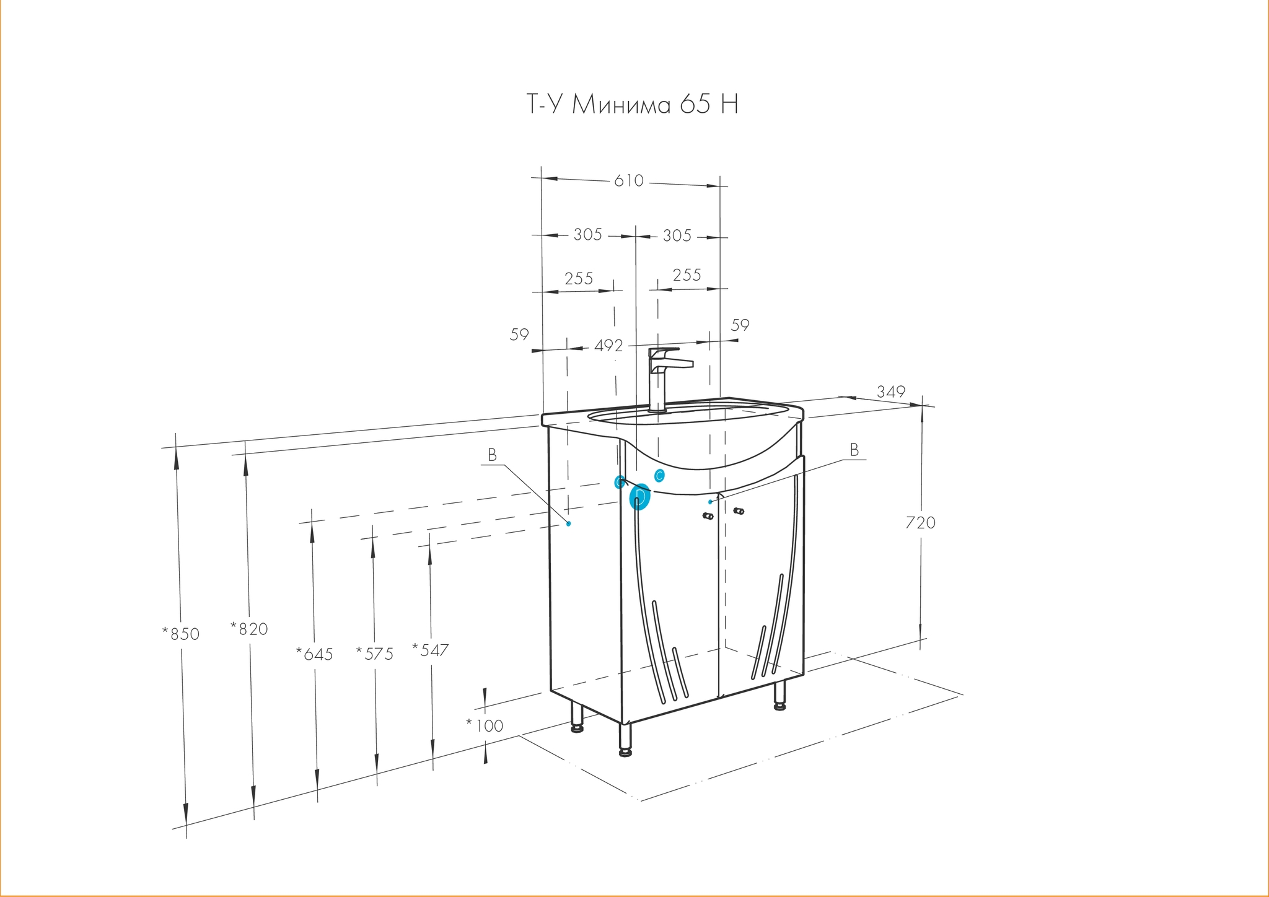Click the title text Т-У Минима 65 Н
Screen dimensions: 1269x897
(632, 105)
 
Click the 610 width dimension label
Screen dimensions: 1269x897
(629, 181)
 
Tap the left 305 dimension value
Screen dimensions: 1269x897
(587, 235)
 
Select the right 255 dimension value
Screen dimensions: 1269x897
(687, 274)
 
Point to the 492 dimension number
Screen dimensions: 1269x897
(608, 346)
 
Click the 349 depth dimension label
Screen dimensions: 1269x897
(891, 392)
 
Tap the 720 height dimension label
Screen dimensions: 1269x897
(920, 523)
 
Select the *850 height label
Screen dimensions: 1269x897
(180, 634)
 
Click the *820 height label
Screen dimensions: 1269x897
(249, 629)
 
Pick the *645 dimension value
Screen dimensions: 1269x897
(314, 654)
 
